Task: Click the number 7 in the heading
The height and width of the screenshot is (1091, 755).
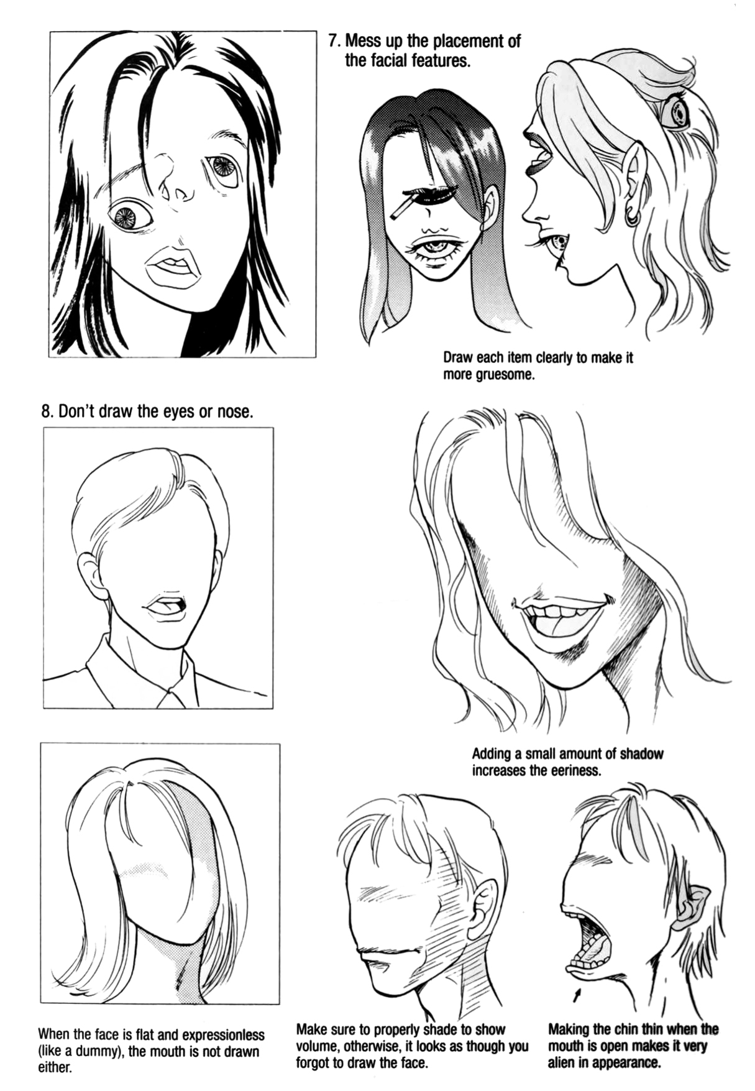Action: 334,42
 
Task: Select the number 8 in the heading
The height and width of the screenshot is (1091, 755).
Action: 46,412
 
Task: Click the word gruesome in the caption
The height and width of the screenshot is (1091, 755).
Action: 503,375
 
